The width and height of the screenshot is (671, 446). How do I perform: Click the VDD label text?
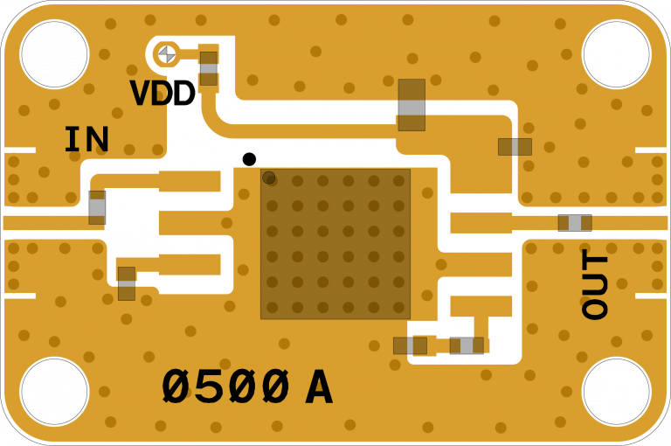point(162,94)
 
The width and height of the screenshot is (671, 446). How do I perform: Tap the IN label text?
point(86,140)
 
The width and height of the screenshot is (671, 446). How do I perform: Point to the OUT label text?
point(595,284)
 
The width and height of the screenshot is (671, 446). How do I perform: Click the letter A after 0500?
point(319,388)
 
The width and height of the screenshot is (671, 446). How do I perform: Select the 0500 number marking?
point(225,387)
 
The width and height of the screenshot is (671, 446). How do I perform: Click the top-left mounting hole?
point(54,54)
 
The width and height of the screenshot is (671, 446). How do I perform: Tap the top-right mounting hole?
point(616,54)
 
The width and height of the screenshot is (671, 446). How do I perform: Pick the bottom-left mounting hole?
point(54,392)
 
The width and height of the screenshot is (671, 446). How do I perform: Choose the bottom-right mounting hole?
point(616,392)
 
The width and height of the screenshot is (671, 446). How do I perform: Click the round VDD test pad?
point(167,54)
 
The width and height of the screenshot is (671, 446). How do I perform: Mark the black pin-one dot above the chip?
point(249,159)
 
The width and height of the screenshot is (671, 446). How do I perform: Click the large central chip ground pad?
point(335,244)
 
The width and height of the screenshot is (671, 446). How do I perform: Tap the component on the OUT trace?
point(575,223)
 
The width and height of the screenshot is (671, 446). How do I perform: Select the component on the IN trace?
point(97,207)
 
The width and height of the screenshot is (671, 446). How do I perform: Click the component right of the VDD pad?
point(208,68)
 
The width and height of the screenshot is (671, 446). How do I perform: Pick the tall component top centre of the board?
point(412,105)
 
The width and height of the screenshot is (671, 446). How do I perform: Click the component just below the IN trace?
point(127,283)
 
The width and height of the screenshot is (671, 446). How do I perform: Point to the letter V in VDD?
point(140,94)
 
